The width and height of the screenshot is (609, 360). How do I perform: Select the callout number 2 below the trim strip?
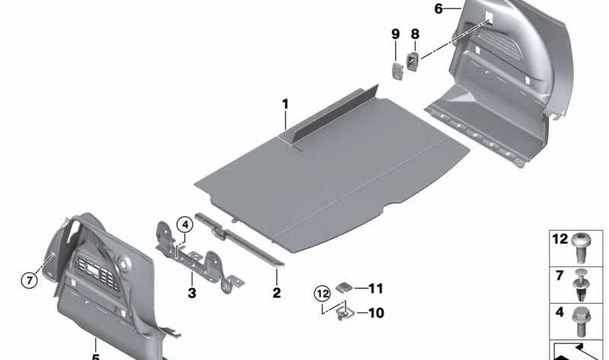coord(276,292)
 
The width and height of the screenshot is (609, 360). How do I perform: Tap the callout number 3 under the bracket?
coord(192,292)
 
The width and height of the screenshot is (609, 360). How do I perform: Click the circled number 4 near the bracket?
coord(184,225)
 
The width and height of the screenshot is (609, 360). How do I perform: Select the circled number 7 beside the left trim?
coord(28,280)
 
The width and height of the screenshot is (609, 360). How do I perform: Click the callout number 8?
coord(415,34)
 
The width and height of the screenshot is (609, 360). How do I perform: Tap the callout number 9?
coord(395,34)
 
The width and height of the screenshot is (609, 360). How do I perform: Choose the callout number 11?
coord(375,288)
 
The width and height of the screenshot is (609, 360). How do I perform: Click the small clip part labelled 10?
coord(346,311)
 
